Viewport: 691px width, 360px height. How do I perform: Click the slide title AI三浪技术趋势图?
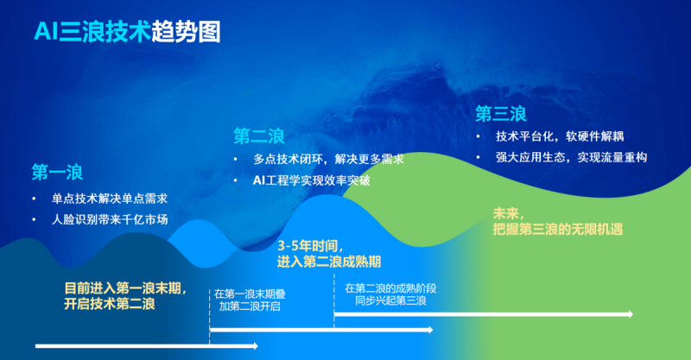click(x=127, y=32)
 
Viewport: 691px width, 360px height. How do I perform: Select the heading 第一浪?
click(x=57, y=173)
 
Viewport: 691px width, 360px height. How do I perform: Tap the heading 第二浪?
click(x=259, y=136)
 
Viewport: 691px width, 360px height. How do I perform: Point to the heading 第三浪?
click(x=501, y=114)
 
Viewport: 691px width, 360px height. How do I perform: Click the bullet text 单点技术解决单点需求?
click(x=110, y=199)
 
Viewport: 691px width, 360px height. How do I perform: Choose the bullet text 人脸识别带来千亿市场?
click(x=110, y=219)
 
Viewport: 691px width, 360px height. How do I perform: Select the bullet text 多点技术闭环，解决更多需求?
click(x=328, y=159)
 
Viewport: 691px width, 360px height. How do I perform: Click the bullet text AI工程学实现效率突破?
click(x=312, y=180)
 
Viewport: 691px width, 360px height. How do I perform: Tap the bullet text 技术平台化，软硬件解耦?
click(x=560, y=136)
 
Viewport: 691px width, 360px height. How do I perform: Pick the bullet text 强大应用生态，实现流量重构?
click(x=571, y=157)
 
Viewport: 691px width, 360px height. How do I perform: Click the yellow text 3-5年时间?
click(x=310, y=246)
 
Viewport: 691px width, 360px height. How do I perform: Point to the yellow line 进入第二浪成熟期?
click(x=329, y=262)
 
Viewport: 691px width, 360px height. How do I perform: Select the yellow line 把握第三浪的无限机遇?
click(x=558, y=229)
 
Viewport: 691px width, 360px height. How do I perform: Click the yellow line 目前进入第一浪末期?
click(x=126, y=288)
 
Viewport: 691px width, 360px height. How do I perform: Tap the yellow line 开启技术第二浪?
click(x=110, y=304)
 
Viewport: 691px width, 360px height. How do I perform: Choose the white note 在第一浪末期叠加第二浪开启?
click(x=250, y=300)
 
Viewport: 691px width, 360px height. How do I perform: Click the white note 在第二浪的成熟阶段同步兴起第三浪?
click(x=391, y=294)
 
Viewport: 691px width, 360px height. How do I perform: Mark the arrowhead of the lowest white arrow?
click(x=256, y=346)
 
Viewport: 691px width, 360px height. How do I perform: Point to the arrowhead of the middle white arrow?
click(x=430, y=330)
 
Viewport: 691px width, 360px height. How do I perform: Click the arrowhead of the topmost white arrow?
click(x=631, y=314)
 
